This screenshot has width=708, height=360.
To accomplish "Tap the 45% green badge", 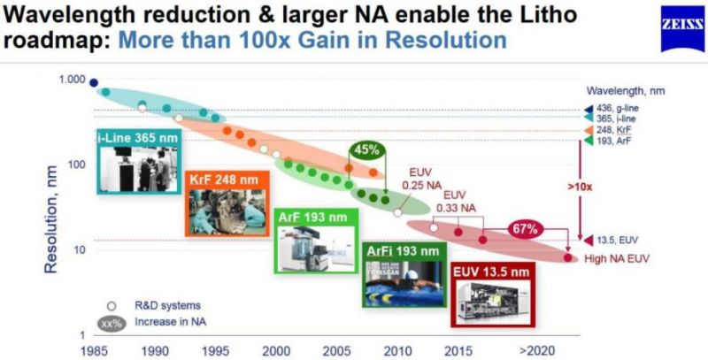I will point(365,149).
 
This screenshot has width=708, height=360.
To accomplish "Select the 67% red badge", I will point(523,229).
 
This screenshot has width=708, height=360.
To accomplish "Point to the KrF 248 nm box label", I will point(220,179).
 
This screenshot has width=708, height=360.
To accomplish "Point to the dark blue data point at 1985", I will point(94,84).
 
